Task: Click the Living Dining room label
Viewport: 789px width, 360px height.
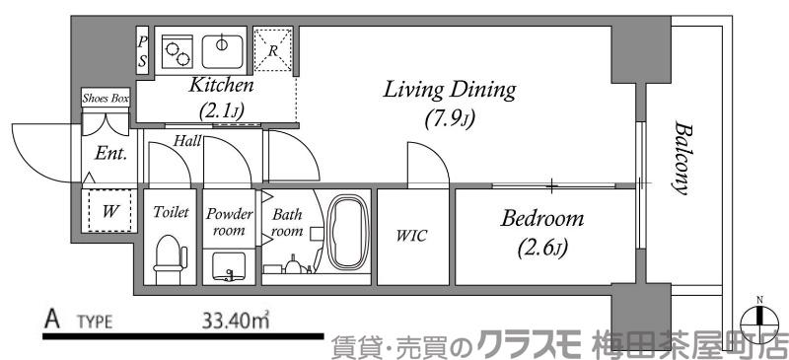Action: point(450,92)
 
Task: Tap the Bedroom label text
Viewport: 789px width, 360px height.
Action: point(542,218)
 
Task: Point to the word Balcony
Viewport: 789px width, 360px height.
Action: point(681,158)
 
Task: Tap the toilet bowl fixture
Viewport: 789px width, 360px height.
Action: point(169,258)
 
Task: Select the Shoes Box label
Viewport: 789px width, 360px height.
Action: point(106,97)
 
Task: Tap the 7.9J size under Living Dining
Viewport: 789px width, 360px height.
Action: point(450,121)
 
